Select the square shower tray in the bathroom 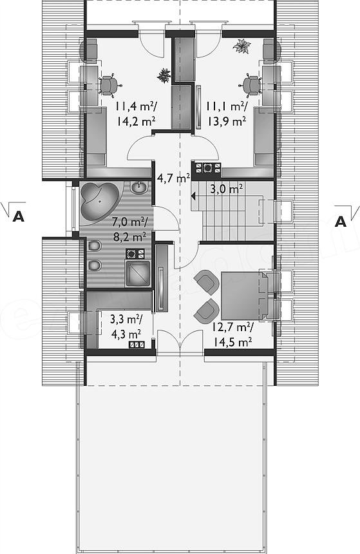click(137, 272)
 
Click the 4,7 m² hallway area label click(173, 178)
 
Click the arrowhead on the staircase click(194, 195)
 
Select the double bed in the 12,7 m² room click(245, 296)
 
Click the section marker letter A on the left click(19, 216)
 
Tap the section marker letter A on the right click(341, 221)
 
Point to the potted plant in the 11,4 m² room click(164, 75)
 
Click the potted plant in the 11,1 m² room click(242, 46)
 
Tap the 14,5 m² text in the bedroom click(232, 342)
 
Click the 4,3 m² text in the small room click(126, 334)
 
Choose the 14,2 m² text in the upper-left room click(136, 122)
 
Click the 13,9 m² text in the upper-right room click(227, 122)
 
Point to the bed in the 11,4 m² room click(97, 136)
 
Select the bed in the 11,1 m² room click(264, 139)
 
